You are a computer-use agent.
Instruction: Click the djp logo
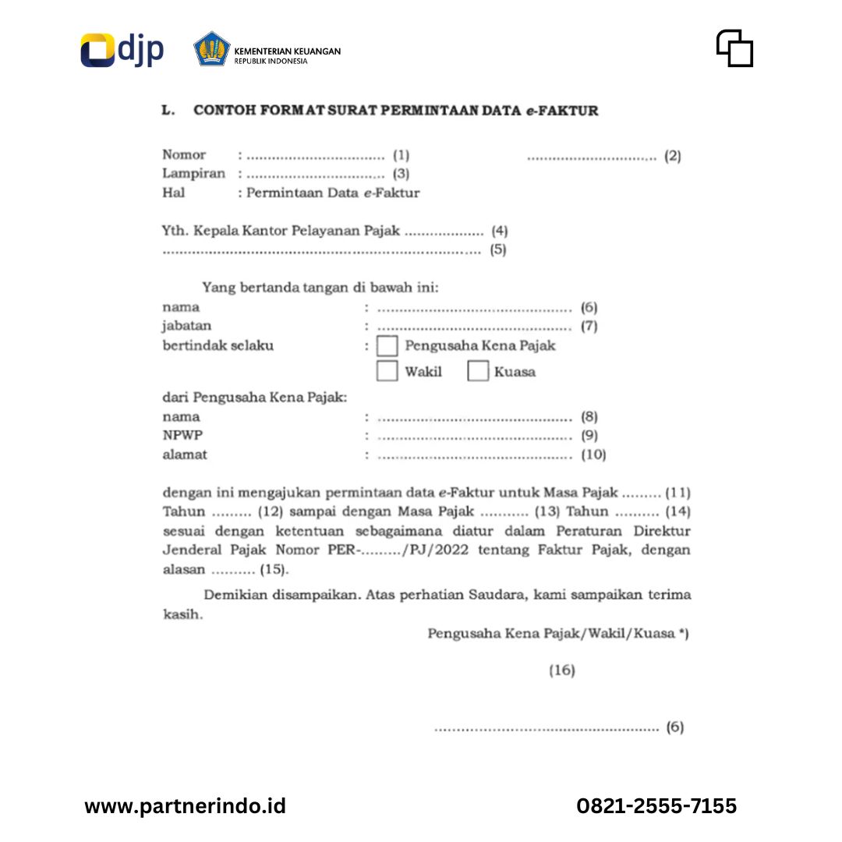coord(122,50)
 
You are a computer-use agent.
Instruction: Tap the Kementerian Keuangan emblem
coord(212,49)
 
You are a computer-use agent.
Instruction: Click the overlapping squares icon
coord(734,48)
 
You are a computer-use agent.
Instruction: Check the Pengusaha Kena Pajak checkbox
coord(387,346)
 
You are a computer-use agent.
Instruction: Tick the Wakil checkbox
coord(387,371)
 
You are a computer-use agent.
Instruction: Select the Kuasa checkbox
coord(478,371)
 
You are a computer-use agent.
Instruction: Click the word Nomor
coord(184,155)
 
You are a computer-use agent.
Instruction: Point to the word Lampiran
coord(193,174)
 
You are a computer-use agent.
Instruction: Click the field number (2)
coord(672,156)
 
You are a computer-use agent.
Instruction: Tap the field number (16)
coord(561,670)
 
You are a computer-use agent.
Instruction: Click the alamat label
coord(185,455)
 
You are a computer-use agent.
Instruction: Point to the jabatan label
coord(186,326)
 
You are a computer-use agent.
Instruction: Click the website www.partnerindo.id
coord(185,805)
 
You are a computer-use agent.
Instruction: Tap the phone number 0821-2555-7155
coord(656,805)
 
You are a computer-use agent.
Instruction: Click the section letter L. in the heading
coord(168,111)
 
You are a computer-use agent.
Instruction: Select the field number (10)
coord(593,455)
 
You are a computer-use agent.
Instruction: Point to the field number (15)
coord(274,570)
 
